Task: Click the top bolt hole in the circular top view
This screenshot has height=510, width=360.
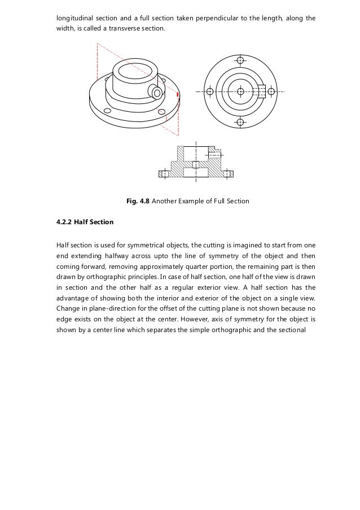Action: (241, 60)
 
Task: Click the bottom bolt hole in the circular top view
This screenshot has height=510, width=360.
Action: (241, 122)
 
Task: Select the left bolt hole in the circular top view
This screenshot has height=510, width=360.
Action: (210, 91)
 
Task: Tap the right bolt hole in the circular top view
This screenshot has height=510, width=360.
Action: (271, 91)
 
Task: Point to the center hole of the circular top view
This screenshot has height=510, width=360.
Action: (241, 91)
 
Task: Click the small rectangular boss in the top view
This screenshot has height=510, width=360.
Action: (260, 91)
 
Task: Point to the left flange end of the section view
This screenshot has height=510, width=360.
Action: (164, 173)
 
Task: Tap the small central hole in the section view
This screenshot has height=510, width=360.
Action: (196, 164)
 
